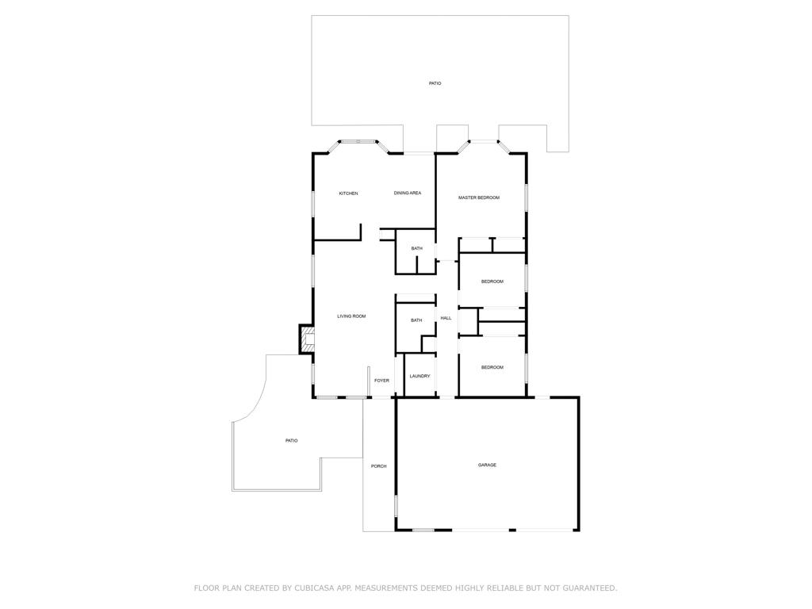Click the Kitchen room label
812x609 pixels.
[348, 193]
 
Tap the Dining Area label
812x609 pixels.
[408, 193]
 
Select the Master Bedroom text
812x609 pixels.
[479, 197]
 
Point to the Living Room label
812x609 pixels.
[351, 316]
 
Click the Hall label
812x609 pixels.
[446, 318]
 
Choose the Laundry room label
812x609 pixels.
[419, 376]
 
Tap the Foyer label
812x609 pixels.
[382, 381]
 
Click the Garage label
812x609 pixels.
[487, 465]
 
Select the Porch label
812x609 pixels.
[379, 466]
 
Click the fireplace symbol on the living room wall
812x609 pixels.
[306, 340]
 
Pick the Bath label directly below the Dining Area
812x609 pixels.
[417, 249]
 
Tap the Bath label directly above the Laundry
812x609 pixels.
[416, 320]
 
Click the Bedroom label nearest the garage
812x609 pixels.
[492, 367]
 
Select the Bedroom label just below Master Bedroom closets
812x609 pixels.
[492, 282]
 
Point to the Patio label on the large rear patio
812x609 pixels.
[435, 83]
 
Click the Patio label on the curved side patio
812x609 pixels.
[292, 441]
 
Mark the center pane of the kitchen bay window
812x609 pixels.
[358, 142]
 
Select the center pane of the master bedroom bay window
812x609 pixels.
[484, 142]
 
